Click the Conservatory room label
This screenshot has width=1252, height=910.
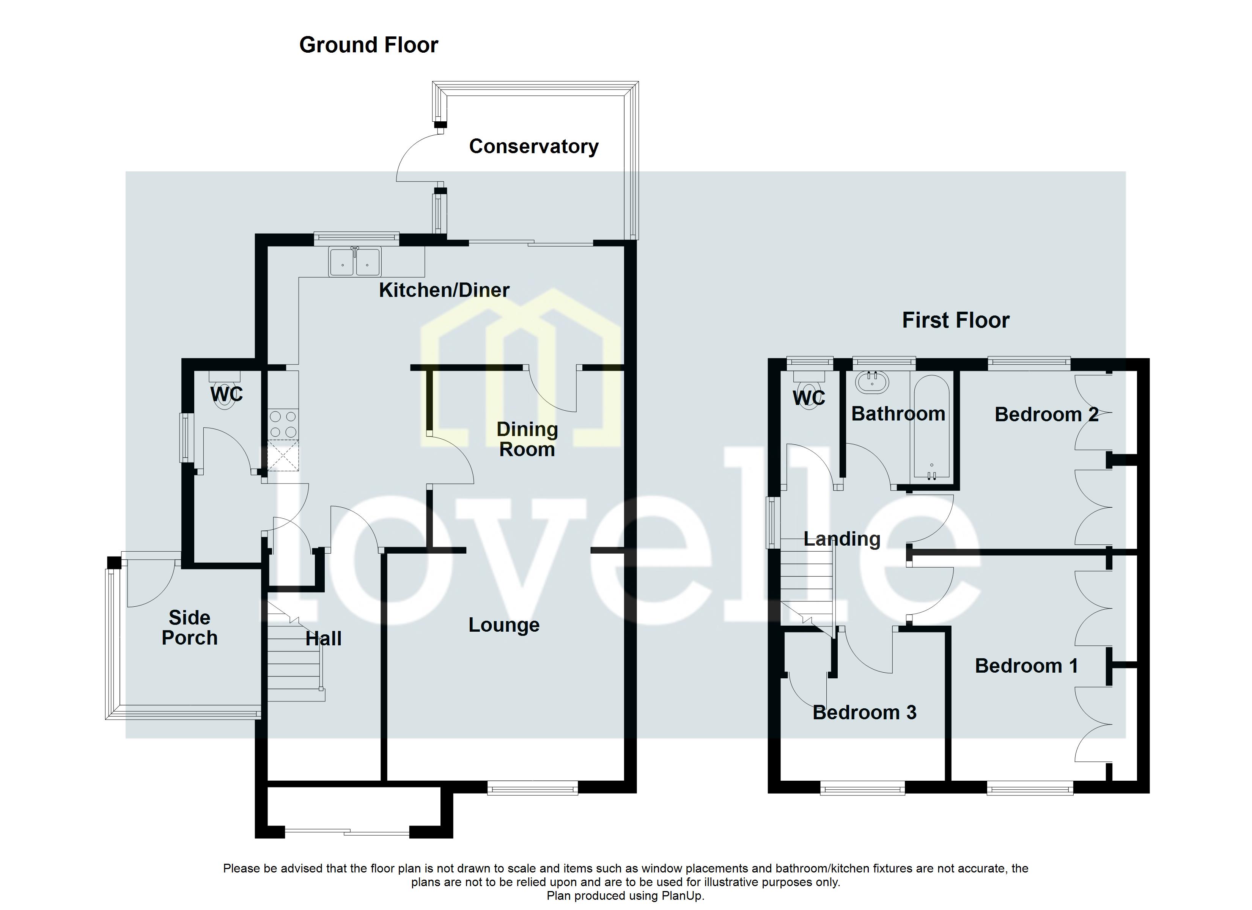tap(533, 146)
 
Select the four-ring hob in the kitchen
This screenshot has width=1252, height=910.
tap(283, 424)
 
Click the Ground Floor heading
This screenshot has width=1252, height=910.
tap(368, 45)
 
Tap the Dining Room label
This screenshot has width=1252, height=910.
tap(527, 439)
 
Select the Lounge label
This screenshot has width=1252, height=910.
tap(503, 625)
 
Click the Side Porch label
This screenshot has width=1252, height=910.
tap(189, 628)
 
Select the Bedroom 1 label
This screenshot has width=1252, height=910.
tap(1026, 666)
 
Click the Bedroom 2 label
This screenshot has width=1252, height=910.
tap(1046, 414)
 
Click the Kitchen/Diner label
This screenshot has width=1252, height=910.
tap(444, 290)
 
